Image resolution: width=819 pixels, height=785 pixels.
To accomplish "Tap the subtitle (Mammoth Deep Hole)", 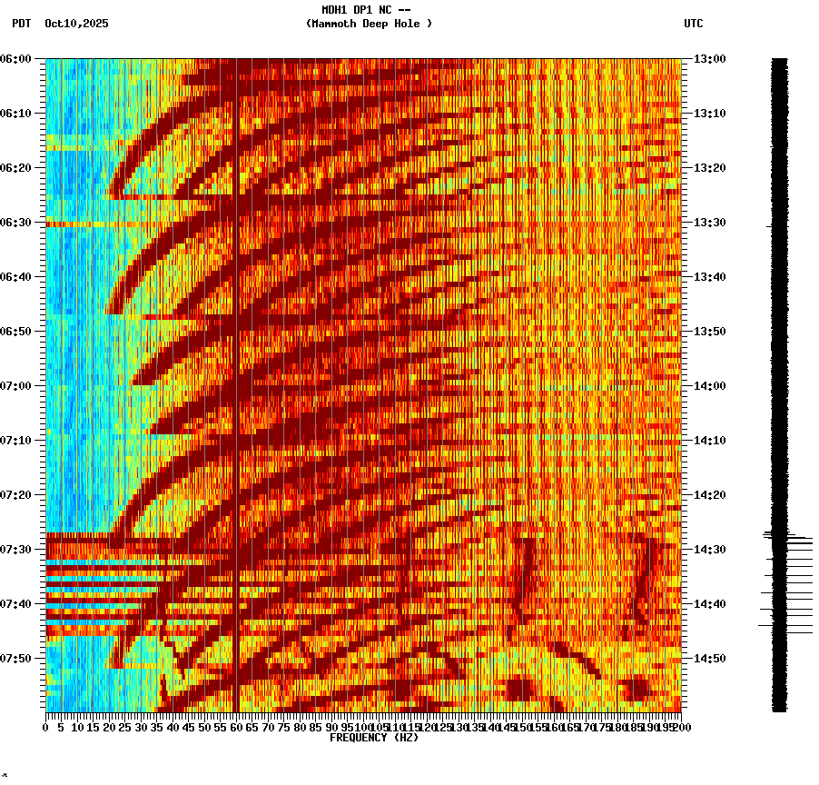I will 369,24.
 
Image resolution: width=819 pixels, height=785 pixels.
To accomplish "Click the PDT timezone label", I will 21,24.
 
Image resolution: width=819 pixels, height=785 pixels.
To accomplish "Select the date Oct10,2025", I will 76,24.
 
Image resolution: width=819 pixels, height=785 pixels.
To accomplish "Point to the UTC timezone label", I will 693,24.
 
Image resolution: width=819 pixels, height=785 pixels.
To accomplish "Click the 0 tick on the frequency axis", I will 46,727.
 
